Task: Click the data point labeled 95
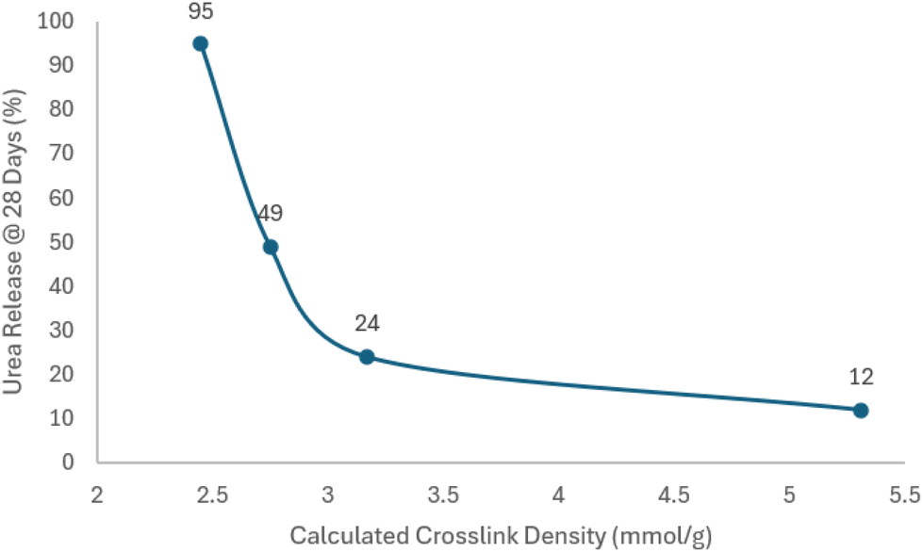coord(200,43)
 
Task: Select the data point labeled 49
coord(271,247)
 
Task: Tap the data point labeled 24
coord(367,357)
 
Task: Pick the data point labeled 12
coord(860,410)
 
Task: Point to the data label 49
coord(271,214)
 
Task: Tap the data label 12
coord(860,378)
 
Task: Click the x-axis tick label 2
coord(97,495)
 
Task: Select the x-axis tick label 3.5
coord(443,495)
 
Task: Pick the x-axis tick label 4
coord(558,495)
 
